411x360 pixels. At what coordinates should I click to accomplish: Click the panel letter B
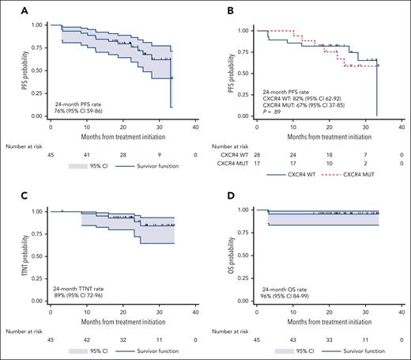click(217, 9)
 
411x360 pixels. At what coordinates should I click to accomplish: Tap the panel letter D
click(217, 192)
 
